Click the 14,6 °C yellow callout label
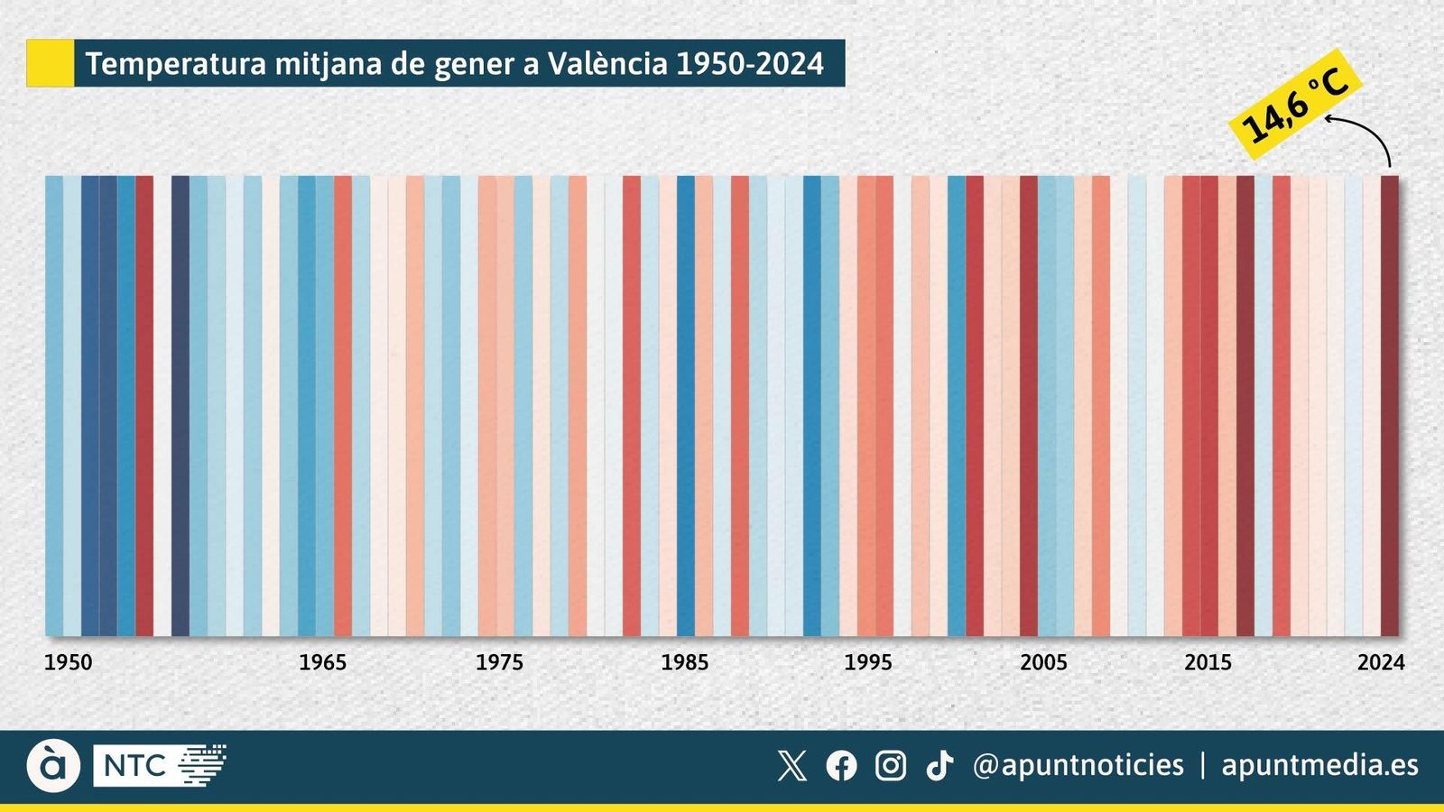click(x=1294, y=98)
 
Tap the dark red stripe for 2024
click(x=1389, y=406)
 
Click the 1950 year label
click(x=69, y=662)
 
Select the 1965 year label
click(x=322, y=662)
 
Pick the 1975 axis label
click(x=499, y=662)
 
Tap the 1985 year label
click(x=684, y=662)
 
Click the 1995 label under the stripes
click(x=867, y=662)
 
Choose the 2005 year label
click(x=1043, y=662)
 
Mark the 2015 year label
click(x=1208, y=662)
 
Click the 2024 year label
click(x=1381, y=662)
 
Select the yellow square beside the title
click(x=50, y=63)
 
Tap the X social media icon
click(x=791, y=766)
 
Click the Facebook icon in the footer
click(x=841, y=766)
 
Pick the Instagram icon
click(x=890, y=766)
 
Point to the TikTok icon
click(x=940, y=766)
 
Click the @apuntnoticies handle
click(x=1078, y=766)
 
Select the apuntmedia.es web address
click(x=1319, y=766)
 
